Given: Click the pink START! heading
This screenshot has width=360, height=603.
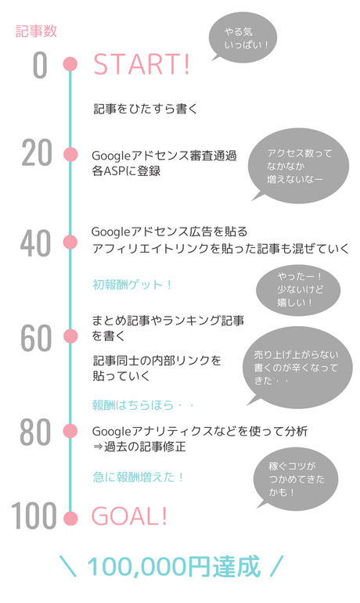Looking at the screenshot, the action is tap(142, 64).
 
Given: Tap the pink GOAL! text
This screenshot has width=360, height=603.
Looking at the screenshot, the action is tap(129, 515).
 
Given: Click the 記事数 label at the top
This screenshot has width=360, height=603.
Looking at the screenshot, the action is tap(36, 31).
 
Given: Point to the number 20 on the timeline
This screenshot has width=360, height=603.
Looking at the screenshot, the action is tap(37, 153).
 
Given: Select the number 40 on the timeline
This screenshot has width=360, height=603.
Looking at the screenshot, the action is tap(36, 243).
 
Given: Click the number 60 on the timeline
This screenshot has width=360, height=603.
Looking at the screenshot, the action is tap(36, 338).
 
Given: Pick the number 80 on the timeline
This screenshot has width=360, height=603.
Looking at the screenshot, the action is tap(35, 432).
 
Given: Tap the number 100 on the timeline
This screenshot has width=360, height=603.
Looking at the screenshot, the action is tap(34, 515).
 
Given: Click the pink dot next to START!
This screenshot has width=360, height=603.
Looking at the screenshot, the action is tap(70, 64).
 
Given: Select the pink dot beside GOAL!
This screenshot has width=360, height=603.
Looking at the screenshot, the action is tap(70, 518).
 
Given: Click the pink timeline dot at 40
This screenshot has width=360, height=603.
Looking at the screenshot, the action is tap(70, 242).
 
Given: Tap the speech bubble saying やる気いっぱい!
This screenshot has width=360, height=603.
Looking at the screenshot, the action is tap(243, 38).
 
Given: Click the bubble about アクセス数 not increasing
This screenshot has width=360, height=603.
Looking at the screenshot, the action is tap(298, 165).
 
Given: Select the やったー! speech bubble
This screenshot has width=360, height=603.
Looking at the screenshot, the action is tap(298, 290).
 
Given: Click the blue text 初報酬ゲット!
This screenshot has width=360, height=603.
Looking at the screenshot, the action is tap(132, 285).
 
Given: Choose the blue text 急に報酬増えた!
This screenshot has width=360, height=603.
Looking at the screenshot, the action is tap(139, 477).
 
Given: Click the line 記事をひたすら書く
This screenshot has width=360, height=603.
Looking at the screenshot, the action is tap(146, 109).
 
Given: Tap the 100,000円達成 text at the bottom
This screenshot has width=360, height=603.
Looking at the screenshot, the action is tap(174, 566).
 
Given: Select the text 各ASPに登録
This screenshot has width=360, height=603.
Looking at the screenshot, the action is tap(126, 170).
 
